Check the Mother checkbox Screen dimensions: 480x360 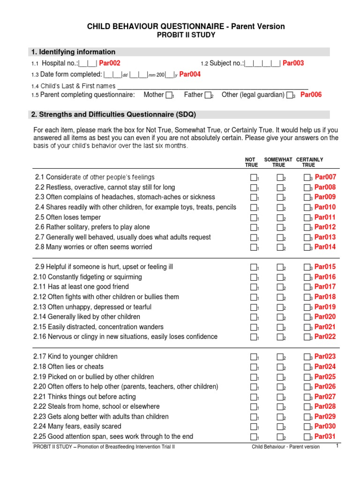pos(169,95)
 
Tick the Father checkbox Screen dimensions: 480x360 pos(208,95)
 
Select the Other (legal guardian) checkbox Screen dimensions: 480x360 pos(290,95)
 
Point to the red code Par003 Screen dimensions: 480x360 pos(293,63)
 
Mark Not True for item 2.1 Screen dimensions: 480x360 pos(254,178)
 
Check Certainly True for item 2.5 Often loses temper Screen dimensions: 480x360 pos(307,217)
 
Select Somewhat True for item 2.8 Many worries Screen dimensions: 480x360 pos(280,247)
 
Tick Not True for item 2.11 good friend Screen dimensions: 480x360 pos(254,287)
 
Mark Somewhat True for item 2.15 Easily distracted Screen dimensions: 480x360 pos(280,327)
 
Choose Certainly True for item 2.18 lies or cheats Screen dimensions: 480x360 pos(307,367)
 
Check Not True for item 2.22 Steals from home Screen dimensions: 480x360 pos(254,407)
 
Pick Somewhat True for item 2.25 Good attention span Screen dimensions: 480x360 pos(280,437)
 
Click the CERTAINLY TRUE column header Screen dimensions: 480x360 pos(309,162)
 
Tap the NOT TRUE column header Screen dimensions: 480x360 pos(252,162)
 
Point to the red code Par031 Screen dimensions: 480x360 pos(325,436)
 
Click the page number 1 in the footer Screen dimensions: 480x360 pos(337,446)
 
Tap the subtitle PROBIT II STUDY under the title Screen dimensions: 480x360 pos(186,35)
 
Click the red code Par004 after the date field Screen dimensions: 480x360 pos(190,74)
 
